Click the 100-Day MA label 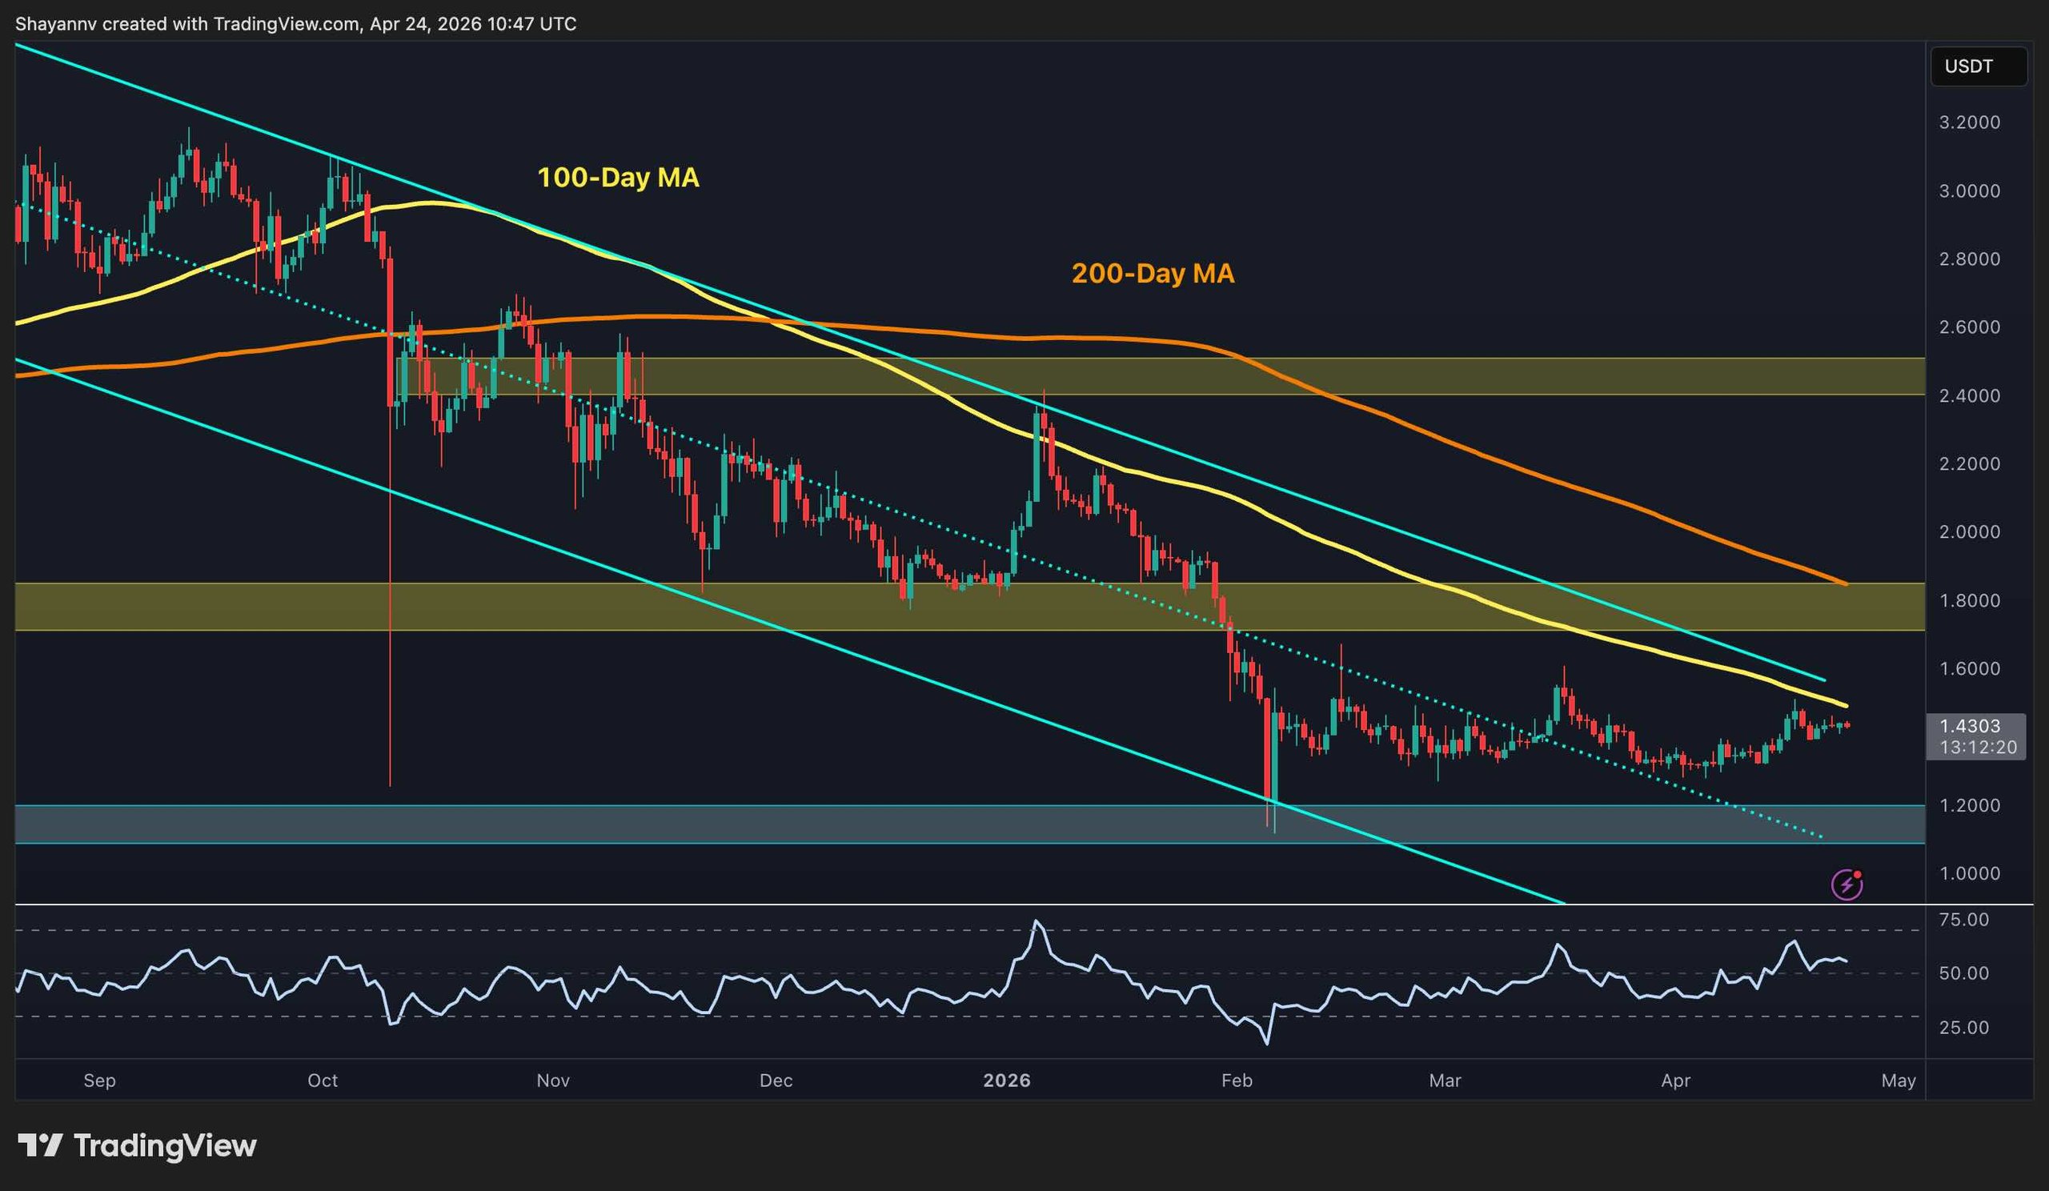[x=618, y=178]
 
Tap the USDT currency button [x=1968, y=66]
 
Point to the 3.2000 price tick [x=1969, y=122]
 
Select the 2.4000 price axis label [x=1969, y=396]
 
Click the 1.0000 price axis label [x=1969, y=874]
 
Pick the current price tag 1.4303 [x=1969, y=726]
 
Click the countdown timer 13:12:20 [x=1978, y=747]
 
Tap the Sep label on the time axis [x=100, y=1081]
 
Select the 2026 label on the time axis [x=1007, y=1081]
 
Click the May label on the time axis [x=1899, y=1081]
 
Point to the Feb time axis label [x=1237, y=1081]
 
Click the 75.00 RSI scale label [x=1963, y=920]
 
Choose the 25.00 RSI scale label [x=1963, y=1028]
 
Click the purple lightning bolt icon [x=1847, y=884]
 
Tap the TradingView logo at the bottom [x=138, y=1145]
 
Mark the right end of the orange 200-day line [x=1846, y=583]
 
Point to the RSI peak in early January [x=1036, y=922]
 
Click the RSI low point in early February [x=1267, y=1043]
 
